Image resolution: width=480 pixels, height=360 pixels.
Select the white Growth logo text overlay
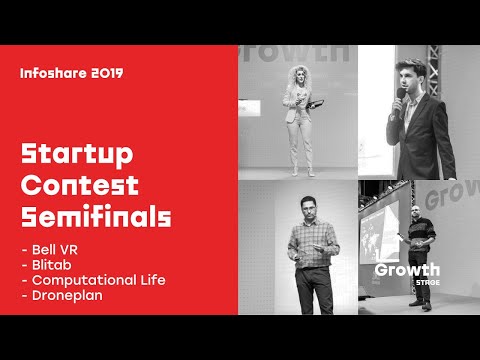tap(406, 270)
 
